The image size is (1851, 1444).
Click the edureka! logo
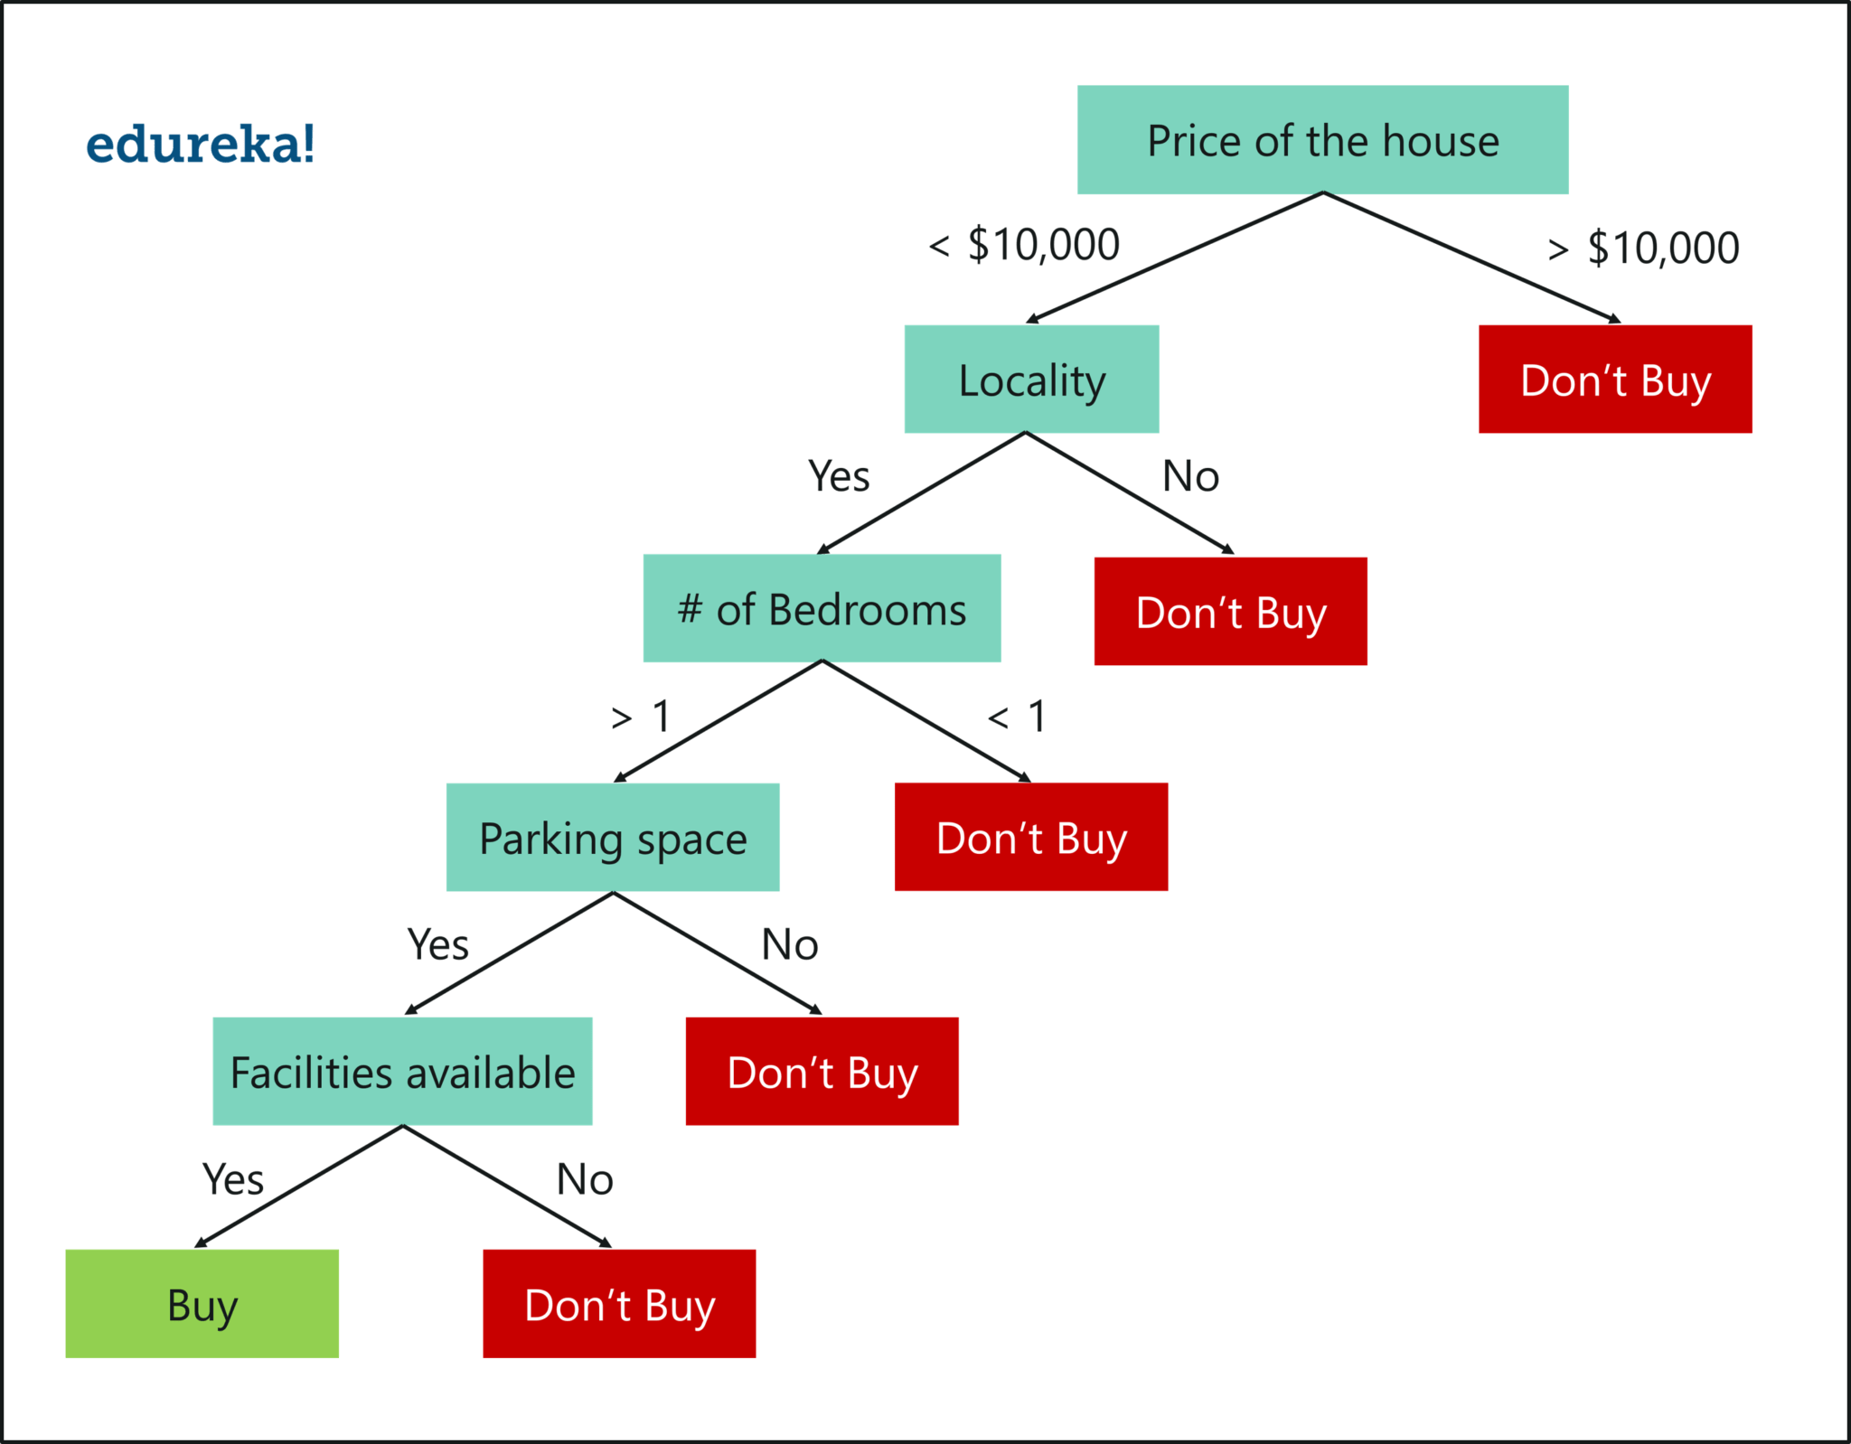pyautogui.click(x=201, y=145)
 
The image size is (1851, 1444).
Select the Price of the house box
pyautogui.click(x=1322, y=140)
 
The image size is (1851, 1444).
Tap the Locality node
pyautogui.click(x=1031, y=380)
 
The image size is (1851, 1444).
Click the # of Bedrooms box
pyautogui.click(x=822, y=608)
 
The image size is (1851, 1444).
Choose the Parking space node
pyautogui.click(x=613, y=838)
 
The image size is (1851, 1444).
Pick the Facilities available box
pyautogui.click(x=402, y=1072)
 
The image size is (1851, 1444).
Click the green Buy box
pyautogui.click(x=202, y=1304)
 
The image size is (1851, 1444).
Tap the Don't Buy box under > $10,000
pyautogui.click(x=1615, y=380)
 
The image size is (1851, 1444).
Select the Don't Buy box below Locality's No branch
pyautogui.click(x=1230, y=612)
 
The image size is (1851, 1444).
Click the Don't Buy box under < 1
pyautogui.click(x=1031, y=838)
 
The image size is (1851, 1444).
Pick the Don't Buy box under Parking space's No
pyautogui.click(x=822, y=1072)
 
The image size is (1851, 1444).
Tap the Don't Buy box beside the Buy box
pyautogui.click(x=619, y=1304)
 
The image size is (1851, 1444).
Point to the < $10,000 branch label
pyautogui.click(x=1024, y=245)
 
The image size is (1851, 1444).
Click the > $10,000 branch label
pyautogui.click(x=1643, y=248)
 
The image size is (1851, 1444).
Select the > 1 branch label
pyautogui.click(x=641, y=717)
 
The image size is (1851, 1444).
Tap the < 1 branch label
pyautogui.click(x=1018, y=717)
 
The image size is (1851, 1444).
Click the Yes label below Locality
pyautogui.click(x=839, y=476)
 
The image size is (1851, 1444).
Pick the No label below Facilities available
pyautogui.click(x=585, y=1179)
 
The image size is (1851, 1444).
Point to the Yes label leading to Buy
pyautogui.click(x=233, y=1179)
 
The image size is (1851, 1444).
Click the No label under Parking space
pyautogui.click(x=790, y=945)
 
